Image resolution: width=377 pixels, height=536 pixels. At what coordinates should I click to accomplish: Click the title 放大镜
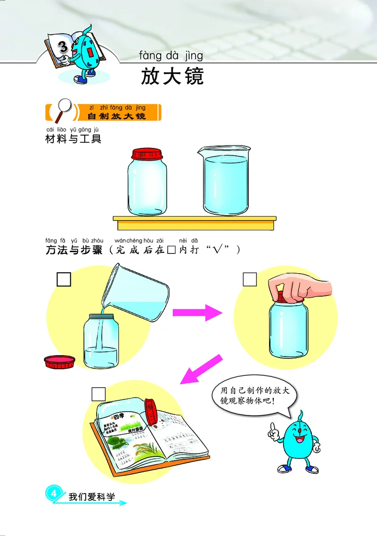pos(172,77)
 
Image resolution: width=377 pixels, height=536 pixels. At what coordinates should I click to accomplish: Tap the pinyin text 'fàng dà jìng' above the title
pos(171,56)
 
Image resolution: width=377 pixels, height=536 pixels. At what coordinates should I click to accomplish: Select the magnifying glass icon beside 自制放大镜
pos(62,111)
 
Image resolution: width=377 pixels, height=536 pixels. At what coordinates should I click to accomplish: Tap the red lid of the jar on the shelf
pos(147,154)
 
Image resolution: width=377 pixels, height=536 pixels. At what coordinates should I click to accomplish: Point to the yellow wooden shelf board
pos(194,222)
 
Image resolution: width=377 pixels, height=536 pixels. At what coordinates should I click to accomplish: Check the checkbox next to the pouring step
pos(64,279)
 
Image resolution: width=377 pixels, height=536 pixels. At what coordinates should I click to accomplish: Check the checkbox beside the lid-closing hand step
pos(250,279)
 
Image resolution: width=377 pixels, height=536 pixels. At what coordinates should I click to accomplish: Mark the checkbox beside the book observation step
pos(98,393)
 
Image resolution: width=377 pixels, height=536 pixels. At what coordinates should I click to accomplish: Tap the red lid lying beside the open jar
pos(59,361)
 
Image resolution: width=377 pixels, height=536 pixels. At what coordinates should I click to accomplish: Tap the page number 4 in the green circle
pos(54,493)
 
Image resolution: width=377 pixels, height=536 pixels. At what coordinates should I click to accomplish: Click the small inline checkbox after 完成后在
pos(172,250)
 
